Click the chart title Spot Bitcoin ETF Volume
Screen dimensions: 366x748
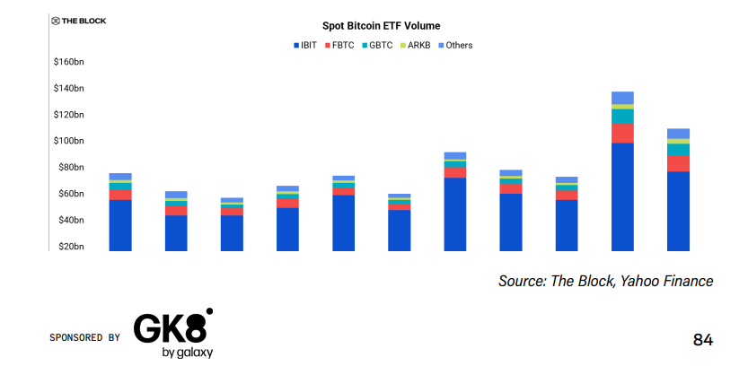click(x=382, y=26)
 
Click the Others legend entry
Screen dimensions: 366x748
click(x=453, y=45)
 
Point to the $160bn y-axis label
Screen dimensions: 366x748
click(x=68, y=62)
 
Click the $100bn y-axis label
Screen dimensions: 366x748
click(x=68, y=141)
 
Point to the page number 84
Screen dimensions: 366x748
click(x=703, y=340)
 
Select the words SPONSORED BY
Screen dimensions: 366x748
click(x=84, y=338)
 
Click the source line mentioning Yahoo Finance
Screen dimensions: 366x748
click(x=605, y=282)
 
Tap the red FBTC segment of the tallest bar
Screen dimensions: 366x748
click(x=622, y=133)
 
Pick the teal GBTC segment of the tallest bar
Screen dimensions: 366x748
click(x=622, y=116)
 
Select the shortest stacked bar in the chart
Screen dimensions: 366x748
click(x=232, y=224)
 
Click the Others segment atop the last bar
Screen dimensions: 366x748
click(x=678, y=134)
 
